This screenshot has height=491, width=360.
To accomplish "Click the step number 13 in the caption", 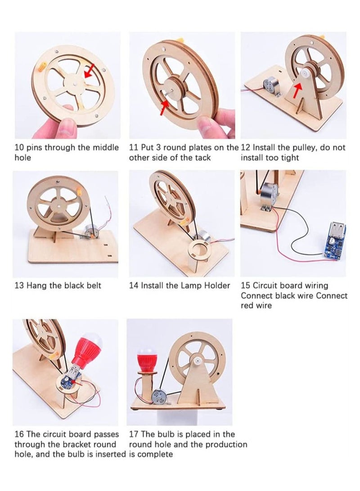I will click(x=19, y=286).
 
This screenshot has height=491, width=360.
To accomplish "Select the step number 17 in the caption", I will click(x=134, y=434).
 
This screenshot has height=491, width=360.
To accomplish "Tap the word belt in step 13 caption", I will click(x=92, y=286).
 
